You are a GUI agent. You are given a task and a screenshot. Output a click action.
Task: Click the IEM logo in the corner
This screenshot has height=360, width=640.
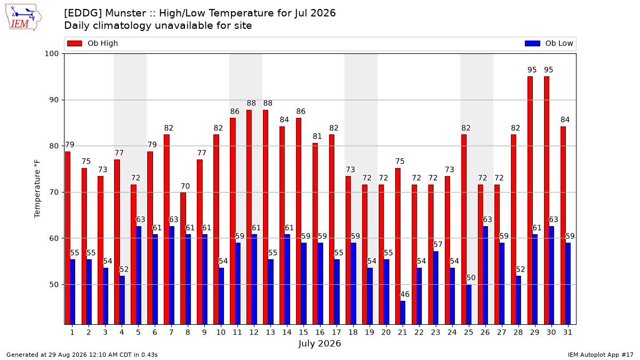(x=23, y=18)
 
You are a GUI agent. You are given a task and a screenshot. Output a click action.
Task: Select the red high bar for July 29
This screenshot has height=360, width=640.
(x=530, y=201)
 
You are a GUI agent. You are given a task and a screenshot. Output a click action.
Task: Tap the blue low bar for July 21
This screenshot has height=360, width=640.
(x=403, y=313)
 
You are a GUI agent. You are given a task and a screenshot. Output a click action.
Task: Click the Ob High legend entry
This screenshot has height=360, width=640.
(x=92, y=43)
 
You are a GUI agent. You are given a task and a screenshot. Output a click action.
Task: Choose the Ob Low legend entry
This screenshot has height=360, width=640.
(x=549, y=43)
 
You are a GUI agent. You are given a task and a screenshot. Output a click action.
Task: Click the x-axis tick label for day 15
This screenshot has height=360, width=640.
(x=303, y=333)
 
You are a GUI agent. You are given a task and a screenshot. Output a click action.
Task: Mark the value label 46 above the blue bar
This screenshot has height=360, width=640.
(x=405, y=294)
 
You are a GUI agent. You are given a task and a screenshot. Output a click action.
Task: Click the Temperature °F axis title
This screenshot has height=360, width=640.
(x=37, y=189)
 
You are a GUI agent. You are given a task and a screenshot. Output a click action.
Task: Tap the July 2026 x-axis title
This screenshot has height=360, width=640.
(x=319, y=343)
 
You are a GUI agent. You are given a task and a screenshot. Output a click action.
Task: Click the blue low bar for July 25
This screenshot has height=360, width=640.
(x=469, y=305)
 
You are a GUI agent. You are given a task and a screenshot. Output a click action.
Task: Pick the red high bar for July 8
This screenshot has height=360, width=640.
(x=183, y=259)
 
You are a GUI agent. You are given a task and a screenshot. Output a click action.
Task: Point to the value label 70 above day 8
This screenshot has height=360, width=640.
(x=185, y=186)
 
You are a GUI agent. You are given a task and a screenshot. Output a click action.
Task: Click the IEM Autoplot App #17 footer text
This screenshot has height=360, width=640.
(x=601, y=355)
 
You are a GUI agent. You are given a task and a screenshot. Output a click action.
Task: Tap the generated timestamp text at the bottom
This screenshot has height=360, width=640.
(x=82, y=355)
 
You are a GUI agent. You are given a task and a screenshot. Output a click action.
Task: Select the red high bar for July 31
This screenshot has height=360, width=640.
(x=563, y=226)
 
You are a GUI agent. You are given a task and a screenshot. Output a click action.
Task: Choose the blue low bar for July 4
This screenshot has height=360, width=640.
(x=122, y=300)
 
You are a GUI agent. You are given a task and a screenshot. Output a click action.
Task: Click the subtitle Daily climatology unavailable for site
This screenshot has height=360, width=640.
(x=158, y=26)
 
